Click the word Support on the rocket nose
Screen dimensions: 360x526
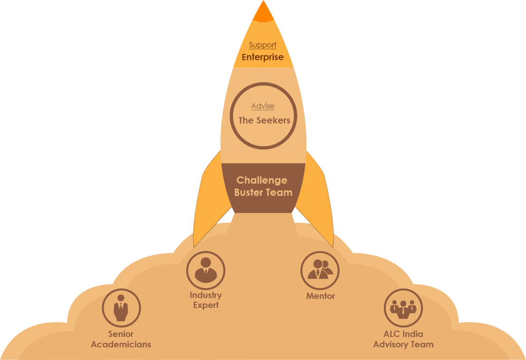263,45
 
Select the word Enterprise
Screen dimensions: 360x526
263,57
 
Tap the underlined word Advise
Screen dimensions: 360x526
263,106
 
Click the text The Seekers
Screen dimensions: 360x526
264,120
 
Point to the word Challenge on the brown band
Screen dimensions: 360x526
262,180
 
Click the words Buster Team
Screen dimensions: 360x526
263,192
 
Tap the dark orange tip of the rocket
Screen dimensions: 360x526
263,14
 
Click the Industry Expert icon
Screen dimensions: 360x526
206,270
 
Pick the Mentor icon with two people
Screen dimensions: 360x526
320,270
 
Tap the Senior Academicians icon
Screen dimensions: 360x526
121,308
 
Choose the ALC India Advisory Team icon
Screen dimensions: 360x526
403,308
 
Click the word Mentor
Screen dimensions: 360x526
320,296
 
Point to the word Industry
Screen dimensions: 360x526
206,295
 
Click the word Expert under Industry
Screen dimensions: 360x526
206,305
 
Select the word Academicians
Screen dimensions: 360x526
121,345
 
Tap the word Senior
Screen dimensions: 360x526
121,334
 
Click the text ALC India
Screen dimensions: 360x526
403,334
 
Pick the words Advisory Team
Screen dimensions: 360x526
403,345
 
